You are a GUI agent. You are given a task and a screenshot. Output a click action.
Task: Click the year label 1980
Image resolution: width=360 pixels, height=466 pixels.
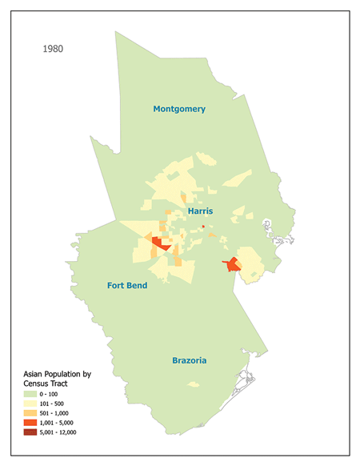click(53, 49)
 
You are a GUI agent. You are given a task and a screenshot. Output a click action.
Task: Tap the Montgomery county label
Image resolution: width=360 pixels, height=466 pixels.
click(179, 109)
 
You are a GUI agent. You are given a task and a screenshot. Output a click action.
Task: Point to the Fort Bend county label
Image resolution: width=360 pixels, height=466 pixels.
click(127, 285)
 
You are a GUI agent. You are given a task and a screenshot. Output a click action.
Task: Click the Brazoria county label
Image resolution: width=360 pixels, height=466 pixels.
click(190, 360)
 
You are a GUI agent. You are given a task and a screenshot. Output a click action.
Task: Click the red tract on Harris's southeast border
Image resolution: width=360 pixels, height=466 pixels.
click(232, 264)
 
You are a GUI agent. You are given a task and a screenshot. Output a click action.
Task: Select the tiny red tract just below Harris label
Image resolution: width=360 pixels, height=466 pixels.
click(203, 227)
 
